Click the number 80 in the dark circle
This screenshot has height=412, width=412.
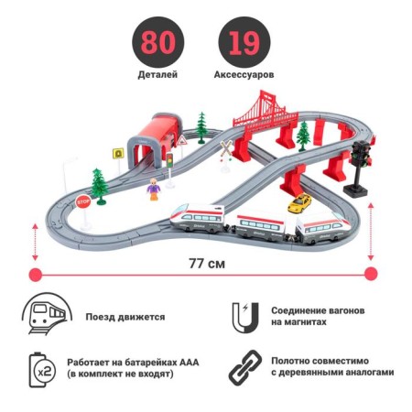tap(158, 43)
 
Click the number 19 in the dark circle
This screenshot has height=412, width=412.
tap(244, 43)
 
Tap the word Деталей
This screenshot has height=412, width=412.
tap(157, 75)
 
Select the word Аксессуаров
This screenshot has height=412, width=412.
tap(244, 75)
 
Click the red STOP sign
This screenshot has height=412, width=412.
tap(83, 201)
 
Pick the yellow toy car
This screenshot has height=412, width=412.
tap(299, 203)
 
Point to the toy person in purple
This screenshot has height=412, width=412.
tap(154, 190)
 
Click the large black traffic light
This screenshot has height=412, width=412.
tap(360, 168)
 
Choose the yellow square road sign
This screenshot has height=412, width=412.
tap(118, 153)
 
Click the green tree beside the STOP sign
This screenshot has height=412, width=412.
tap(100, 186)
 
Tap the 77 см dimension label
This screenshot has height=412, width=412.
tap(207, 264)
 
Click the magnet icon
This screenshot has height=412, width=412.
tap(245, 318)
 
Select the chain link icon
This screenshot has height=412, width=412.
tap(245, 367)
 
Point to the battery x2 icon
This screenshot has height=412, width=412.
tap(42, 370)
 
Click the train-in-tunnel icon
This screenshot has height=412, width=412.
tap(47, 314)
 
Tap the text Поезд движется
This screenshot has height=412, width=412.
tap(125, 317)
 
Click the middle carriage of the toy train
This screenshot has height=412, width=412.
tap(260, 228)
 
